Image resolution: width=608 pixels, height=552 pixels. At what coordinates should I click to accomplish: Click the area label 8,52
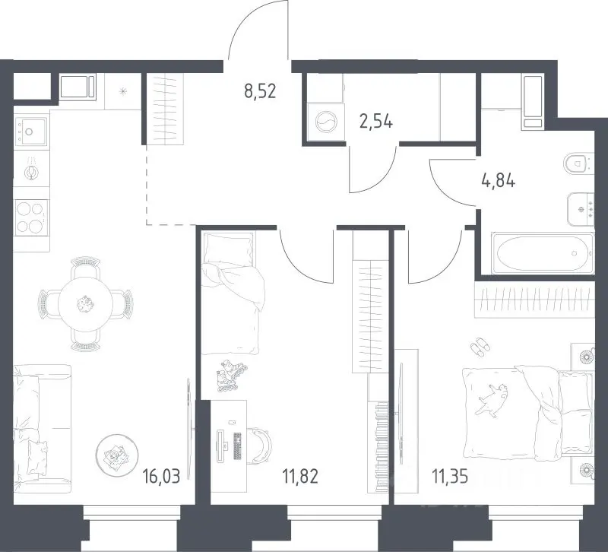[x=260, y=91]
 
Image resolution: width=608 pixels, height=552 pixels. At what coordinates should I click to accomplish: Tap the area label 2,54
[x=376, y=122]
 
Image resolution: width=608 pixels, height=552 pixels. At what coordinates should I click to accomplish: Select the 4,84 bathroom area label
[x=499, y=180]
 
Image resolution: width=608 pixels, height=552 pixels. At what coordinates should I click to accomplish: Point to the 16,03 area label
[x=162, y=477]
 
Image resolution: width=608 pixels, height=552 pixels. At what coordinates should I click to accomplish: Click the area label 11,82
[x=300, y=477]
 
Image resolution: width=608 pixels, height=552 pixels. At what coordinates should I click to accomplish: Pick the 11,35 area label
[x=450, y=477]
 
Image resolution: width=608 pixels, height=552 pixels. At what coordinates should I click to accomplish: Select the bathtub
[x=543, y=253]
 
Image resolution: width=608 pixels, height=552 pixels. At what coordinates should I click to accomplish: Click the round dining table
[x=85, y=303]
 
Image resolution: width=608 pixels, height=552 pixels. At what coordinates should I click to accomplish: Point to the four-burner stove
[x=31, y=217]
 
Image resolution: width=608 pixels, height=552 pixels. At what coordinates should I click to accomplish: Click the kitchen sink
[x=30, y=132]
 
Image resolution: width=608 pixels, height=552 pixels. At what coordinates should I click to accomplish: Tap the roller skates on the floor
[x=232, y=376]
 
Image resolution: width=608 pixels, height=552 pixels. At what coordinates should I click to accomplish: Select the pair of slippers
[x=480, y=347]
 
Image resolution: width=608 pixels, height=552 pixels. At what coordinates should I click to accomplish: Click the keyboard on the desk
[x=237, y=446]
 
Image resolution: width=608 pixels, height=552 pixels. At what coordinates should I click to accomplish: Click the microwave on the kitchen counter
[x=78, y=87]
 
